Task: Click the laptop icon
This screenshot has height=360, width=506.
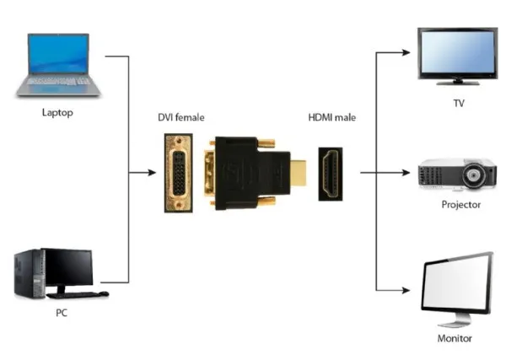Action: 58,63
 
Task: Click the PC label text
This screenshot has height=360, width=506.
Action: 62,314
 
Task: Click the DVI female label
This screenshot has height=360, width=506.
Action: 180,117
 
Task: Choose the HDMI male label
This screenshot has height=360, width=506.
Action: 331,117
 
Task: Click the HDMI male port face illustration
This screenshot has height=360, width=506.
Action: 331,173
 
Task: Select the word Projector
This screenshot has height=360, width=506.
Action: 460,205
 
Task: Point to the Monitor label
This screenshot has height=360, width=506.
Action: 455,338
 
